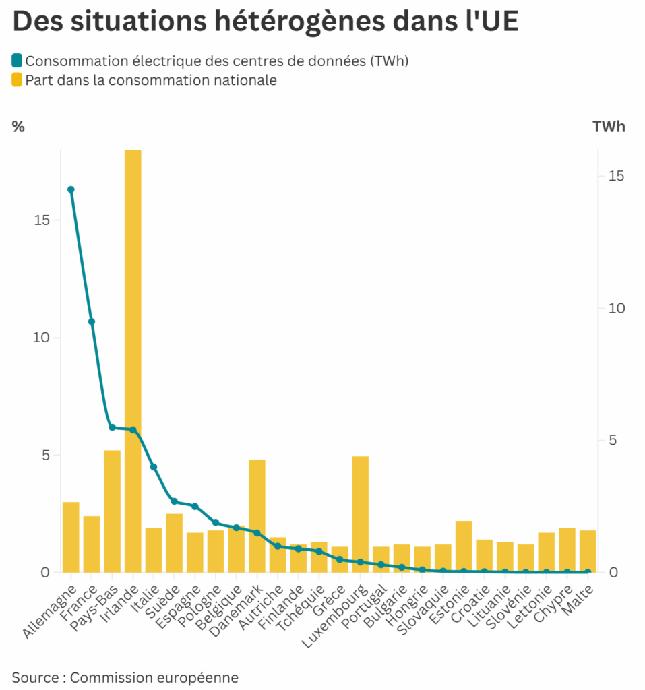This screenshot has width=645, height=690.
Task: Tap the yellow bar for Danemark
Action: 257,515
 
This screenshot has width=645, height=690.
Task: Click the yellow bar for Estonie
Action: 464,546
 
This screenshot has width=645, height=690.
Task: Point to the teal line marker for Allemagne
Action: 71,189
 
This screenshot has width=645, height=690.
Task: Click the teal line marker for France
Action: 92,321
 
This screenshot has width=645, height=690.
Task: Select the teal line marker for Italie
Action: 154,467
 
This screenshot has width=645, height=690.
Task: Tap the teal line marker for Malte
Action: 588,572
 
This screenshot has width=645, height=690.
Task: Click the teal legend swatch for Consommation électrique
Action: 18,61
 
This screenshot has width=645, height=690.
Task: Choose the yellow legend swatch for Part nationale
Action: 18,80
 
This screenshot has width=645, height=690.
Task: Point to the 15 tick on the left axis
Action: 42,220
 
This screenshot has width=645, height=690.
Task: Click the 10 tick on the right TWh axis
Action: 616,308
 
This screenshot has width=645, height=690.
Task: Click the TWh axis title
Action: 609,127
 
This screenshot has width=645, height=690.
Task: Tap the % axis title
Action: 18,127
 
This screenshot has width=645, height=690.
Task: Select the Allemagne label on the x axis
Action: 51,613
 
